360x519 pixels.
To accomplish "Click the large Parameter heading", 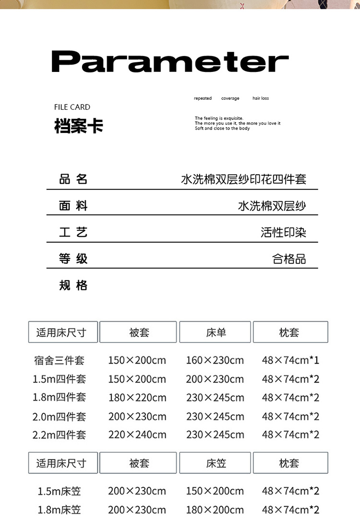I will coord(170,61).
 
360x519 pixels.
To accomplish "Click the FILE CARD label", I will coord(72,107).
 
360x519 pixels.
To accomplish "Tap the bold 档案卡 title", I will coord(78,126).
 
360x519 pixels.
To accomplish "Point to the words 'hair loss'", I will coord(261,98).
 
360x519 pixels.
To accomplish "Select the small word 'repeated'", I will coord(203,98).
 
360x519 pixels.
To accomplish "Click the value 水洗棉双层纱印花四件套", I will coord(243,179).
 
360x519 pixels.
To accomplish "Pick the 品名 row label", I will coord(73,179).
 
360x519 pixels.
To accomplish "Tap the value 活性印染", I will coord(283,233).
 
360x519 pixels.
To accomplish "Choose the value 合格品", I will coord(289,259).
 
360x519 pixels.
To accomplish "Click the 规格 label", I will coord(73,285).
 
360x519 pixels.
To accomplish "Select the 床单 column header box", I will coord(215,332).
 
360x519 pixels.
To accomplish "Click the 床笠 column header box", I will coord(215,463).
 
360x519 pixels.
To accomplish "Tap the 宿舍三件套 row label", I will coord(60,360).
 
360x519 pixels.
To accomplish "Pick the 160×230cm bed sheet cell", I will coord(215,360).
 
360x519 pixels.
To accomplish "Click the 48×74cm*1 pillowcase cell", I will coord(290,360).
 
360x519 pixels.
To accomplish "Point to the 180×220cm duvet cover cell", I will coord(137,398).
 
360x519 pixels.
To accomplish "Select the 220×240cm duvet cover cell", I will coord(137,435).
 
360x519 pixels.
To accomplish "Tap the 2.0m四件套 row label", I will coord(59,416).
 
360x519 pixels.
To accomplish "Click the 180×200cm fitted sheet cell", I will coord(215,509).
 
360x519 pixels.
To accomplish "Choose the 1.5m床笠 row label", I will coord(60,491).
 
